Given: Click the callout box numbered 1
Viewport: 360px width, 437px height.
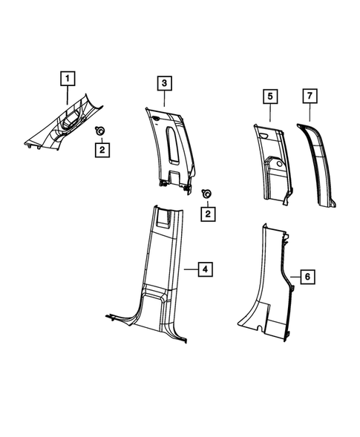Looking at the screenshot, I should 67,77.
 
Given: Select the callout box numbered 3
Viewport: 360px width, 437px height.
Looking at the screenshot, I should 163,83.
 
